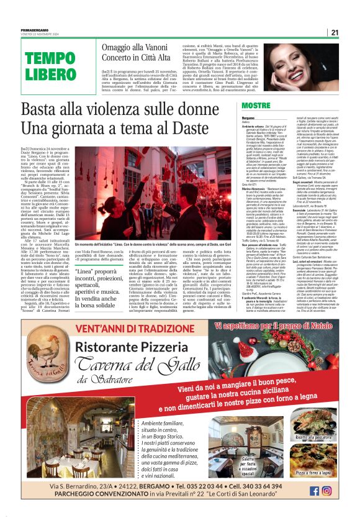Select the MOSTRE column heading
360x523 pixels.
click(256, 106)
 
